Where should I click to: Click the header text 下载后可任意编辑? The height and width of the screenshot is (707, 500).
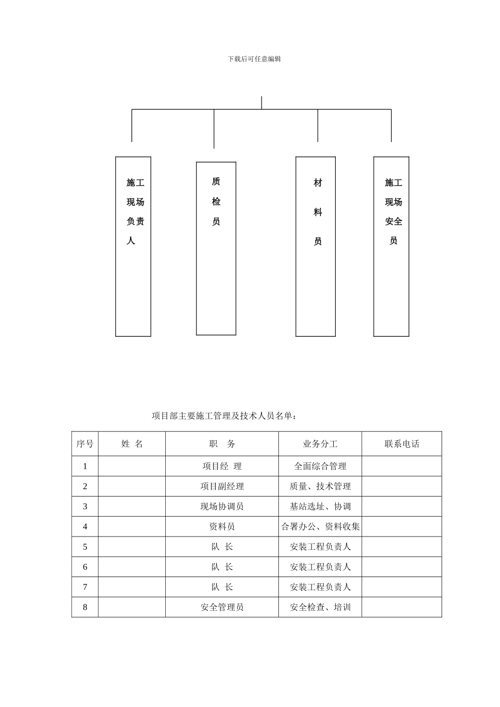(x=254, y=59)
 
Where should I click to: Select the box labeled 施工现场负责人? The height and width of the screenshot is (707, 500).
(x=133, y=246)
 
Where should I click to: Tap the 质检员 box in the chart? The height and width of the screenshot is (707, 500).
(x=216, y=248)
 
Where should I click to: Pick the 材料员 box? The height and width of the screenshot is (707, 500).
(x=315, y=246)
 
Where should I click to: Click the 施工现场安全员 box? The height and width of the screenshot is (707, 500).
(x=391, y=246)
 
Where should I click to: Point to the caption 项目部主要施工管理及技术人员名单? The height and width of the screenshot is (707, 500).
(x=224, y=416)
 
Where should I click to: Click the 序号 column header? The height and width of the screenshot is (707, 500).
(x=85, y=444)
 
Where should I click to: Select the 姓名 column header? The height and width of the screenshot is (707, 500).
(x=132, y=444)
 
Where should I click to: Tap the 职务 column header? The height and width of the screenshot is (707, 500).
(x=222, y=444)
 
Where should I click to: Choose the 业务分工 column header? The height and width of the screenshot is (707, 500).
(x=320, y=444)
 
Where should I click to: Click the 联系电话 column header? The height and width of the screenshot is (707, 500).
(x=402, y=444)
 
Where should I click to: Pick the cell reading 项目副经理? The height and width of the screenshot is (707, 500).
(x=222, y=487)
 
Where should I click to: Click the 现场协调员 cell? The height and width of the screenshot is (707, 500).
(x=222, y=507)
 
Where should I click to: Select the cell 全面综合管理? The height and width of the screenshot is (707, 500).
(x=320, y=466)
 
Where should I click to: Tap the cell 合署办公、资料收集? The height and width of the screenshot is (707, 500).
(x=320, y=527)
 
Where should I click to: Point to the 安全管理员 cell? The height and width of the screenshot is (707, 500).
(x=222, y=607)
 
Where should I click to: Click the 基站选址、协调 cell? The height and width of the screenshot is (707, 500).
(x=320, y=507)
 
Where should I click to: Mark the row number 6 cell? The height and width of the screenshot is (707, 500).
(x=85, y=567)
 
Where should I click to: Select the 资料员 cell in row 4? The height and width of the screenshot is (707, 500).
(x=222, y=527)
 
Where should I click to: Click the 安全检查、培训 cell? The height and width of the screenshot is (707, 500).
(x=320, y=607)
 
